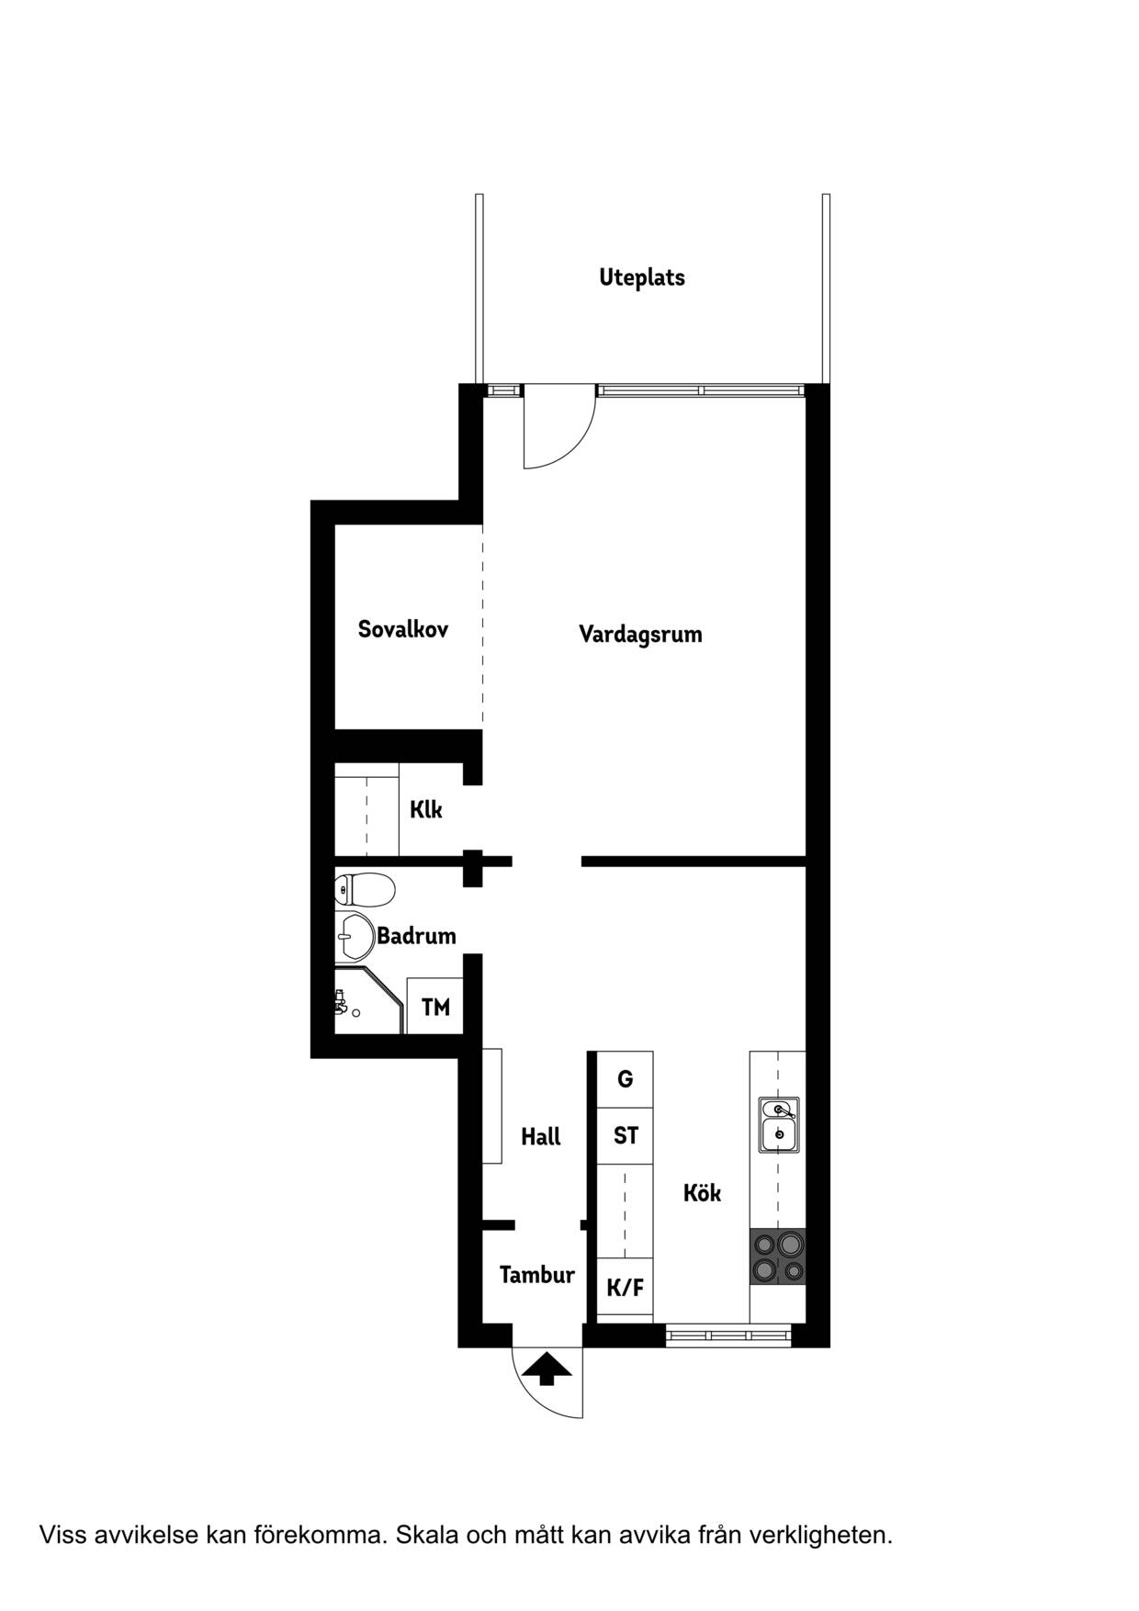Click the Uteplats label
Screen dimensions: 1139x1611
click(642, 277)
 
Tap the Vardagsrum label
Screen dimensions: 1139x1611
click(640, 634)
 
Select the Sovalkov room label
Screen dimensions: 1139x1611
click(403, 629)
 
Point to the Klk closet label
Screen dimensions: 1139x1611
click(426, 809)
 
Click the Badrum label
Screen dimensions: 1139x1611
click(416, 936)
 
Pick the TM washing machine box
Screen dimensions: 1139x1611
click(435, 1007)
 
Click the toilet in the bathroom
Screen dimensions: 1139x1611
click(365, 889)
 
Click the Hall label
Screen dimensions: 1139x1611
click(541, 1137)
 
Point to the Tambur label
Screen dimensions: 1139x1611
click(537, 1275)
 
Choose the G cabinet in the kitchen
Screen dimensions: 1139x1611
click(625, 1079)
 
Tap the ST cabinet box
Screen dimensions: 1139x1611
click(625, 1136)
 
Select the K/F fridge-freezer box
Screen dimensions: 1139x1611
click(625, 1288)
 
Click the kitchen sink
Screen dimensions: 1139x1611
click(779, 1124)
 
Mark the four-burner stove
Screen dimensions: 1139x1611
click(778, 1256)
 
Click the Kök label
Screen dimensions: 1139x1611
click(702, 1193)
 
